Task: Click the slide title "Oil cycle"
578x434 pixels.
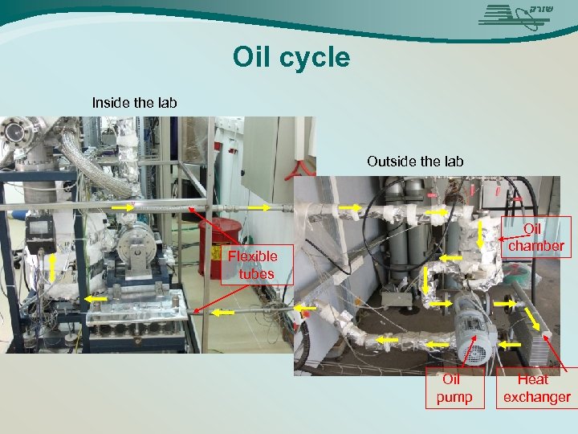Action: point(291,58)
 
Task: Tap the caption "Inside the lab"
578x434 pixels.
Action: point(134,102)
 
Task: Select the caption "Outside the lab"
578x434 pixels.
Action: point(415,161)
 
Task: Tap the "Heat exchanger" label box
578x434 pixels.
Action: point(536,388)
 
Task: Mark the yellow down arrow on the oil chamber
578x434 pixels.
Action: point(481,235)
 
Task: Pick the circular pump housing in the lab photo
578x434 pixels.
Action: point(130,240)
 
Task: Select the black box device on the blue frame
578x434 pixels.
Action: point(39,233)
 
